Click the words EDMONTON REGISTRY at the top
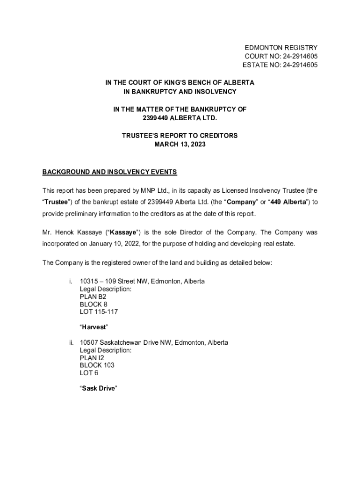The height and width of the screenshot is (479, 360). [281, 48]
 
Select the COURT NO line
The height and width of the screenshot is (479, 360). [281, 56]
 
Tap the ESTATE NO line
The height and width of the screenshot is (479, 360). [280, 65]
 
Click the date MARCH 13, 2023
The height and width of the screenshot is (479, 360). [180, 145]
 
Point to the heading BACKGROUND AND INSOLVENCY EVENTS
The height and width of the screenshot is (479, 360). [109, 172]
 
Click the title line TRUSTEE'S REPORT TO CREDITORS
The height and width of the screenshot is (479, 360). [180, 136]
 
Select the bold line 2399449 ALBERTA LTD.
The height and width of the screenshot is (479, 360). [180, 118]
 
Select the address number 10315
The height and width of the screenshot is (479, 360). [89, 282]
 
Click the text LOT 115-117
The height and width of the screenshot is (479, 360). [95, 312]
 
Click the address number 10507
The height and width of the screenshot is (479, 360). [89, 342]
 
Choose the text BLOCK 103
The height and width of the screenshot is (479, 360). [97, 365]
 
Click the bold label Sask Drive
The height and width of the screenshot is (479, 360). [98, 388]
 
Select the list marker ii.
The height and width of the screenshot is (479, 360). [71, 342]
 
